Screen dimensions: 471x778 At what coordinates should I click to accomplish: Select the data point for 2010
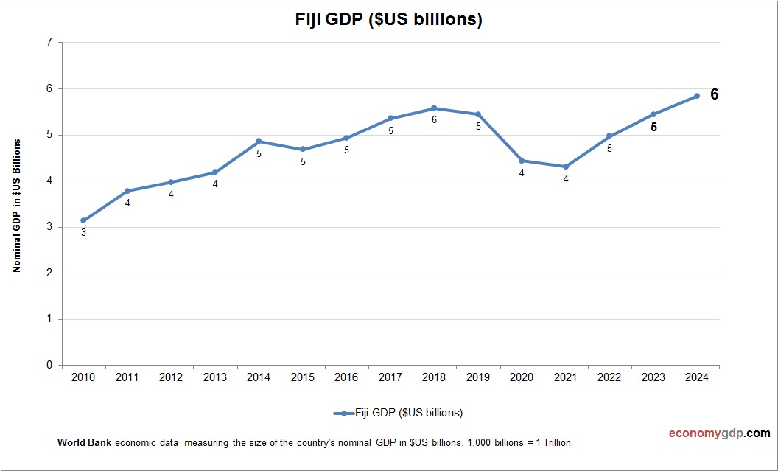click(x=83, y=220)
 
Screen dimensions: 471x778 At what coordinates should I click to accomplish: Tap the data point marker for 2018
click(x=434, y=108)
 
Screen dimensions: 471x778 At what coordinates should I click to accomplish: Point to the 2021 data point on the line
click(x=566, y=167)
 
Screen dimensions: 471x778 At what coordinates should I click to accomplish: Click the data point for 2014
click(x=259, y=141)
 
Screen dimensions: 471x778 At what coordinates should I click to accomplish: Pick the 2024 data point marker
click(x=697, y=96)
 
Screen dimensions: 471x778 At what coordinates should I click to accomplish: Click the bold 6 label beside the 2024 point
click(x=714, y=94)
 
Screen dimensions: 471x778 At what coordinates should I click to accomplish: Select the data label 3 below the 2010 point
click(x=83, y=233)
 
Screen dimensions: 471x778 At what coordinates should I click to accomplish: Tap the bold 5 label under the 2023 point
click(x=653, y=127)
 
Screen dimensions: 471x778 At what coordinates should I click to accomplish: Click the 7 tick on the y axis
click(x=49, y=43)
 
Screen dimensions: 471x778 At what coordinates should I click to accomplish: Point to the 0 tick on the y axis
click(x=49, y=366)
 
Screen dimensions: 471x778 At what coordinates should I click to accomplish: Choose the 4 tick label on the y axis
click(x=49, y=181)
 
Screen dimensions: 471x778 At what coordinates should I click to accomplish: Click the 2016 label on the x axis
click(x=346, y=377)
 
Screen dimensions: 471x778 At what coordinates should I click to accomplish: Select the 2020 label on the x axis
click(x=522, y=377)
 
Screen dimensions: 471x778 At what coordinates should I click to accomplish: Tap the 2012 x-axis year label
click(x=171, y=377)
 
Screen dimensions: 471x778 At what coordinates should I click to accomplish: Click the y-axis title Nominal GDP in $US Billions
click(x=16, y=205)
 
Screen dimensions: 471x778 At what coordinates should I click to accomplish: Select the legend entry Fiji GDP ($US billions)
click(x=398, y=413)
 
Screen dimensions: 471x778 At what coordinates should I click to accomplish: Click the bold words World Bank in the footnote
click(x=84, y=443)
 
